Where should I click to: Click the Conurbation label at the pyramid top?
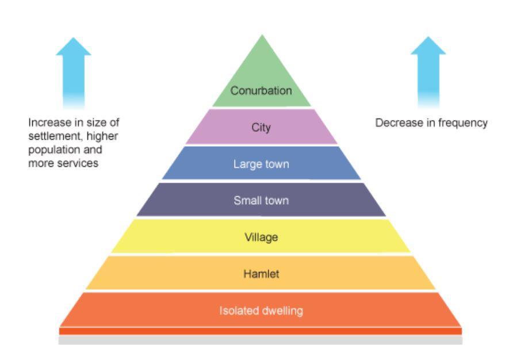point(261,90)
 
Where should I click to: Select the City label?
point(261,128)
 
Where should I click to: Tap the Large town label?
point(261,164)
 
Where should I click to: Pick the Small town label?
point(261,201)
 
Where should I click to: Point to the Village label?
point(261,237)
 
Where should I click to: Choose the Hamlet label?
point(261,274)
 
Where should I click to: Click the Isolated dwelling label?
point(261,311)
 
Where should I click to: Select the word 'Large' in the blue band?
point(245,164)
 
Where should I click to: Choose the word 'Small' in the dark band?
point(245,201)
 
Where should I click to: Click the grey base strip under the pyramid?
point(261,340)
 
